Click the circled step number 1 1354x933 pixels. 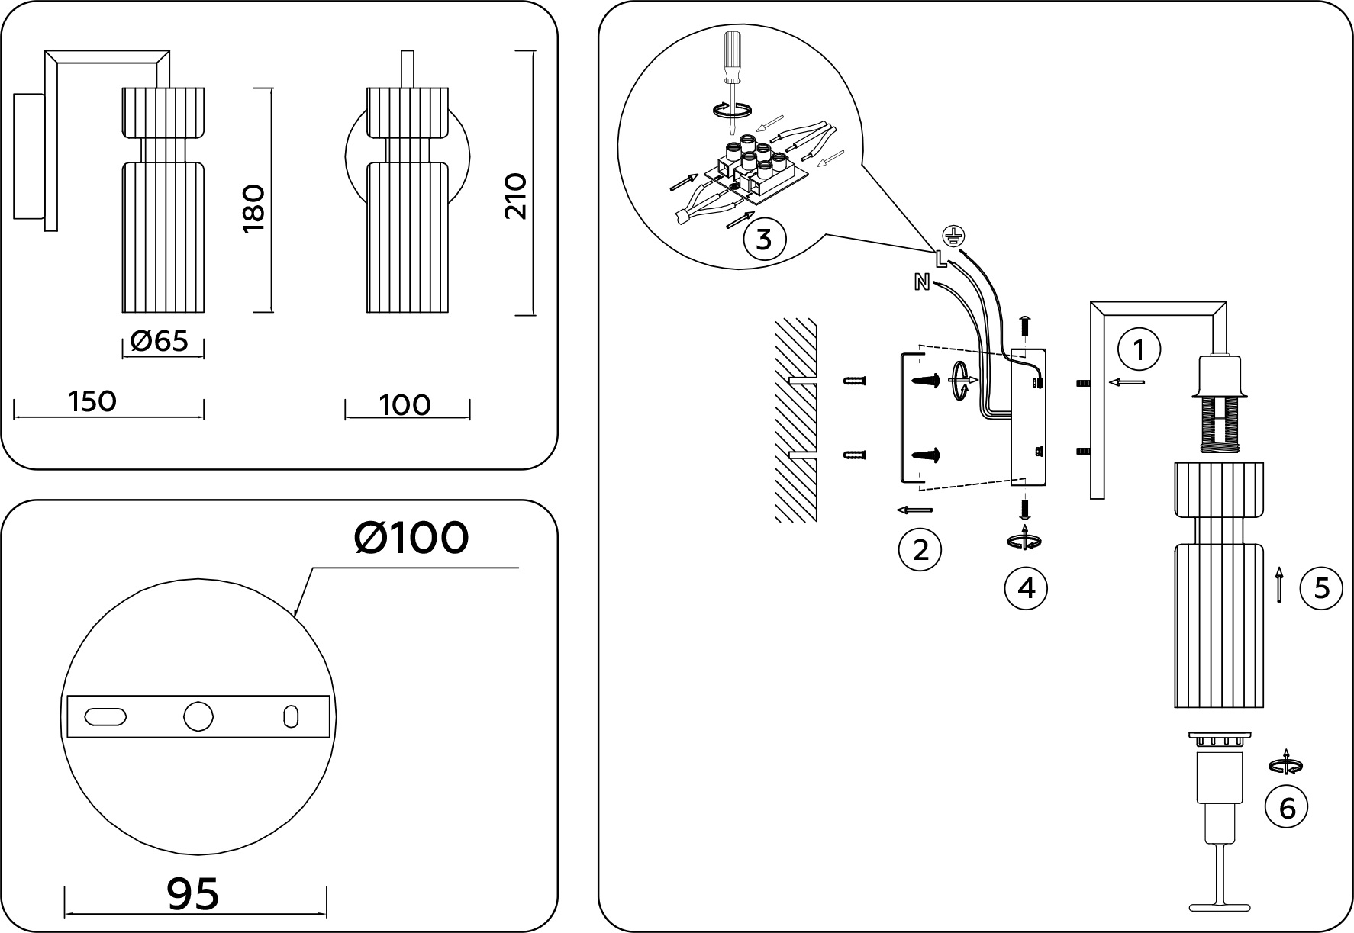[x=1139, y=351]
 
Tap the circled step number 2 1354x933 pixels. [x=920, y=549]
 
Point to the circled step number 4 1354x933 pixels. [x=1026, y=588]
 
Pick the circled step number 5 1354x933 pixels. [x=1320, y=588]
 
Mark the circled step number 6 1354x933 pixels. [x=1287, y=807]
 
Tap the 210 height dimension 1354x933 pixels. [x=516, y=197]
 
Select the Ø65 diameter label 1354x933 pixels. [x=159, y=341]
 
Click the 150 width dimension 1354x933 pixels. [x=92, y=401]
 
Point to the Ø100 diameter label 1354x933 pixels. [x=411, y=538]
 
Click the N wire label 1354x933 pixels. [x=922, y=282]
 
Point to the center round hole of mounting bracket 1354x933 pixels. [x=198, y=716]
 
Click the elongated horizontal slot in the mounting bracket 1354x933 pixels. [x=105, y=717]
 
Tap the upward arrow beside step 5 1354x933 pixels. [x=1279, y=586]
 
